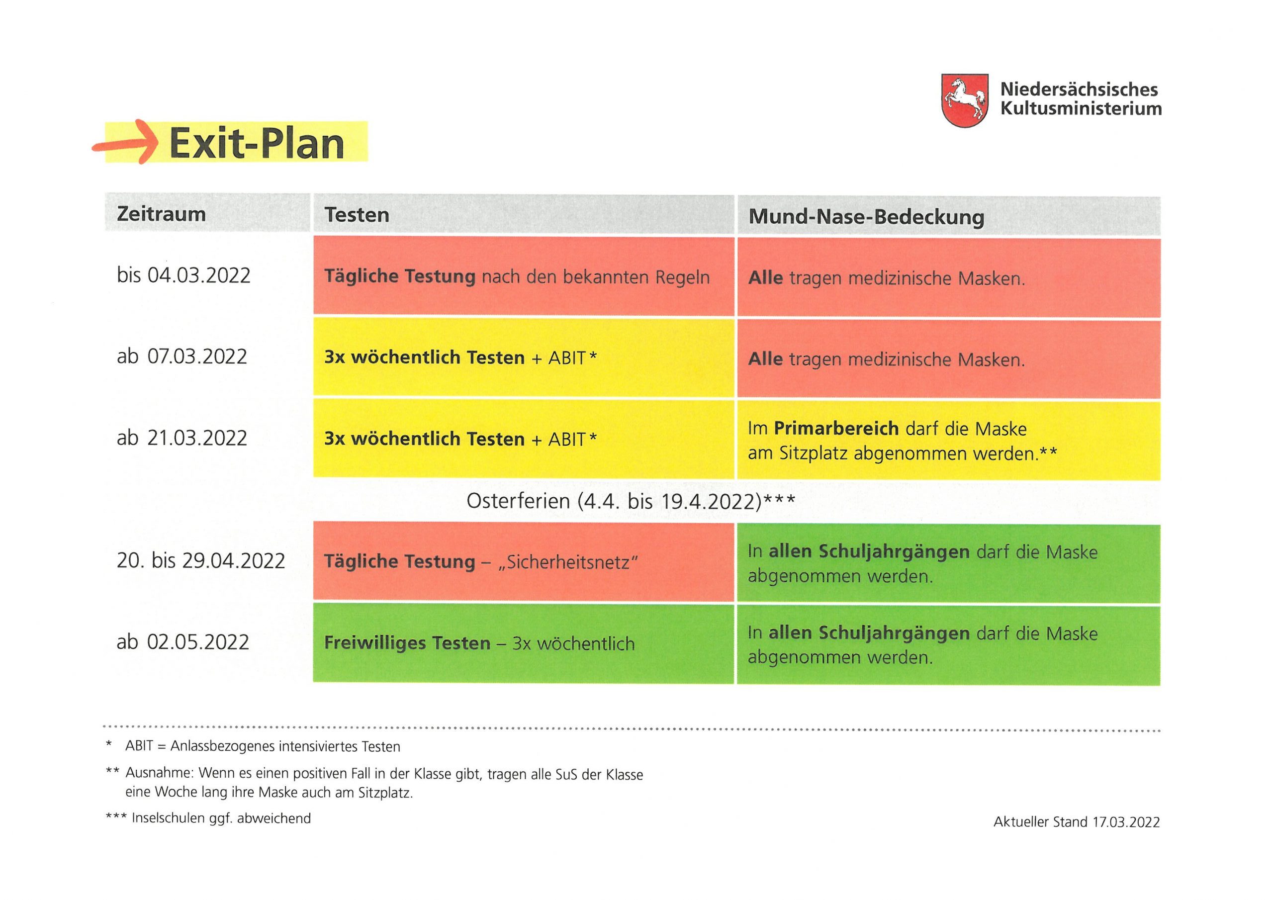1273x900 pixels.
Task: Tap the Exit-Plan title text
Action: (x=257, y=143)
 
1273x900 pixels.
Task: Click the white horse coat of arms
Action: (x=965, y=101)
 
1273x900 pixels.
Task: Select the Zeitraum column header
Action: (x=161, y=213)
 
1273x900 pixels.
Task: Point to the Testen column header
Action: (x=357, y=215)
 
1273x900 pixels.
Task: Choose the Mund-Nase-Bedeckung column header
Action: (x=867, y=216)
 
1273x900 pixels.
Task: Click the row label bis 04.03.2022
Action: (x=183, y=275)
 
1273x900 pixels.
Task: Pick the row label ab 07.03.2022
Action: (x=182, y=356)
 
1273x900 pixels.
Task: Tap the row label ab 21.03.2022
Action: (x=182, y=438)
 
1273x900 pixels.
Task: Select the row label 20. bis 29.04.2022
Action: (x=201, y=560)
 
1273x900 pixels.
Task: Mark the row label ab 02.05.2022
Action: (x=183, y=641)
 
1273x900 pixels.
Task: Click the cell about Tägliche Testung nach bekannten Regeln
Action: (x=524, y=276)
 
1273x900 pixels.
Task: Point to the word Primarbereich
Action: (x=837, y=429)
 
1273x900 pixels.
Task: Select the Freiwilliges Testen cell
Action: (x=524, y=643)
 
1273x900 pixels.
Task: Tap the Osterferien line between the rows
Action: (x=631, y=501)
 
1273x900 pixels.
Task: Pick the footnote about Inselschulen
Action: (x=208, y=818)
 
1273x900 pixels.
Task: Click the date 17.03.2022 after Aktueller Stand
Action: (x=1126, y=821)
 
